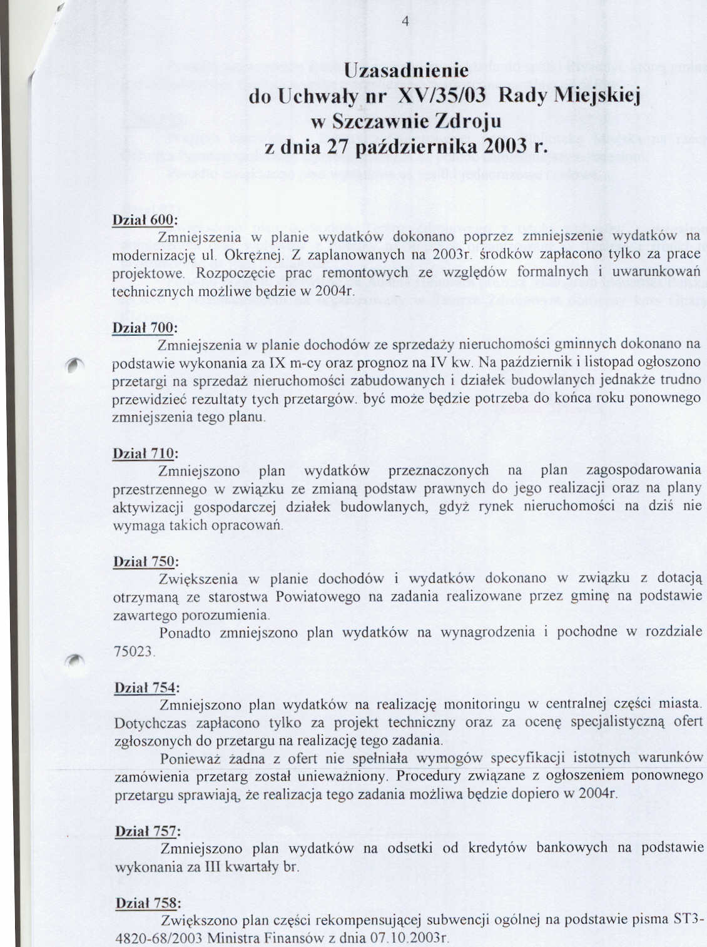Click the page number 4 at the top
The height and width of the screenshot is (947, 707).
tap(405, 23)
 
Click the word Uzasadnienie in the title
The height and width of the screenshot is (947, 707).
tap(406, 70)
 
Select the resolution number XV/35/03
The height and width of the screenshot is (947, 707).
tap(442, 96)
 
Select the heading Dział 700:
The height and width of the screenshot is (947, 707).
tap(145, 328)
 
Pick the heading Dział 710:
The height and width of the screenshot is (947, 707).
tap(145, 453)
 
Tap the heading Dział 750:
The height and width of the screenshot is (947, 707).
tap(146, 562)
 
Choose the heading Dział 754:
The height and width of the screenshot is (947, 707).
tap(146, 687)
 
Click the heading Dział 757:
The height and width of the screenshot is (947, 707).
tap(148, 831)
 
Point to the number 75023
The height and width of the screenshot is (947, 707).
tap(135, 651)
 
